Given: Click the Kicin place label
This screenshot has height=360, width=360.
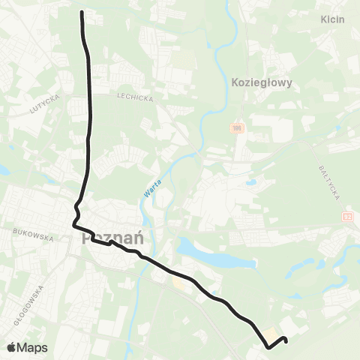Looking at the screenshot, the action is coord(331,19).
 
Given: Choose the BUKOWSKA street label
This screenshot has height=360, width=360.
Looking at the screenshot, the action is coord(34,235).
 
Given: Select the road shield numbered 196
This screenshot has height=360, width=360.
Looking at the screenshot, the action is coord(238,129).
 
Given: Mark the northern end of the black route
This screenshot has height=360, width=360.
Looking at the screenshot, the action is coord(81,12).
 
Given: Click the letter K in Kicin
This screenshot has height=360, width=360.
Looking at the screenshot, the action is coord(322,19).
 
